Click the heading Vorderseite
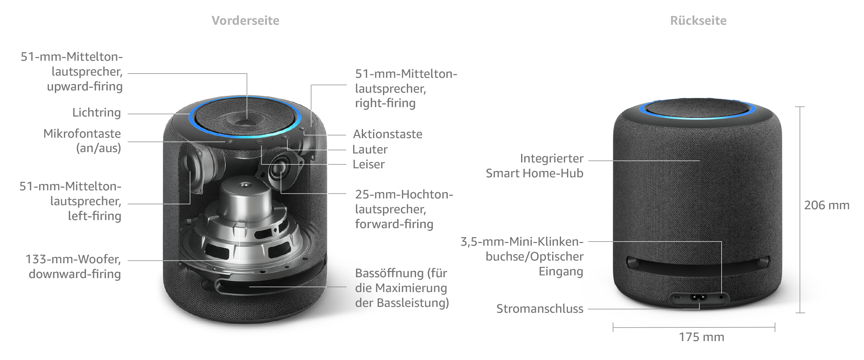(245, 21)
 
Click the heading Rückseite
(698, 21)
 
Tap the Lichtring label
(97, 112)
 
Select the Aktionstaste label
(387, 134)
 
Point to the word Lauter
(370, 149)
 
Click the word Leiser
(369, 164)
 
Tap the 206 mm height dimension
(827, 205)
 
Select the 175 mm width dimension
(702, 337)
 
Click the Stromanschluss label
(540, 309)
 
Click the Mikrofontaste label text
(82, 141)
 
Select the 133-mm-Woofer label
(73, 266)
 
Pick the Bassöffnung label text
(402, 288)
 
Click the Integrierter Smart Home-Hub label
(535, 166)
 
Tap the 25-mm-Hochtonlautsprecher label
(404, 209)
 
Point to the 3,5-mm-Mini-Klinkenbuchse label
(522, 256)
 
